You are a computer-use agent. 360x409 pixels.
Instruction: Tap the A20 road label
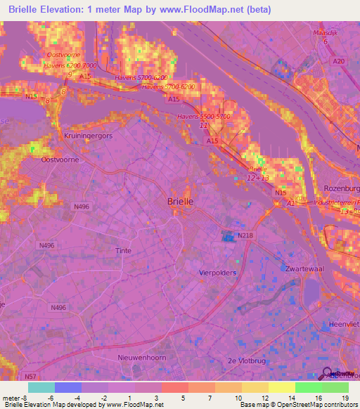(340, 62)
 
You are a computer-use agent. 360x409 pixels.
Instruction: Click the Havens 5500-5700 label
(204, 116)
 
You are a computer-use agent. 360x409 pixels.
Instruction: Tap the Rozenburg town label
(341, 189)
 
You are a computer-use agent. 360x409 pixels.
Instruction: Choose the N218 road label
(245, 235)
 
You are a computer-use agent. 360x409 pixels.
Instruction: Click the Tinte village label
(122, 250)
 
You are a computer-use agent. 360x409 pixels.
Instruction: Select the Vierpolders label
(217, 272)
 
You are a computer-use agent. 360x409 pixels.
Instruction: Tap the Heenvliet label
(344, 324)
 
